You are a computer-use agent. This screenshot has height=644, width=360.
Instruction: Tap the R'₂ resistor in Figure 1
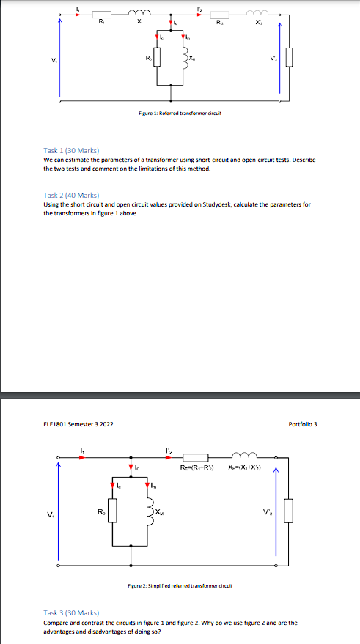tap(218, 15)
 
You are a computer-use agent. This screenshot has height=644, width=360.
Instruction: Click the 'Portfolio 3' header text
tap(303, 424)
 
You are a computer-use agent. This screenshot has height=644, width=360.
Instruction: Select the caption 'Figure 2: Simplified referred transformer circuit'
tap(180, 587)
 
